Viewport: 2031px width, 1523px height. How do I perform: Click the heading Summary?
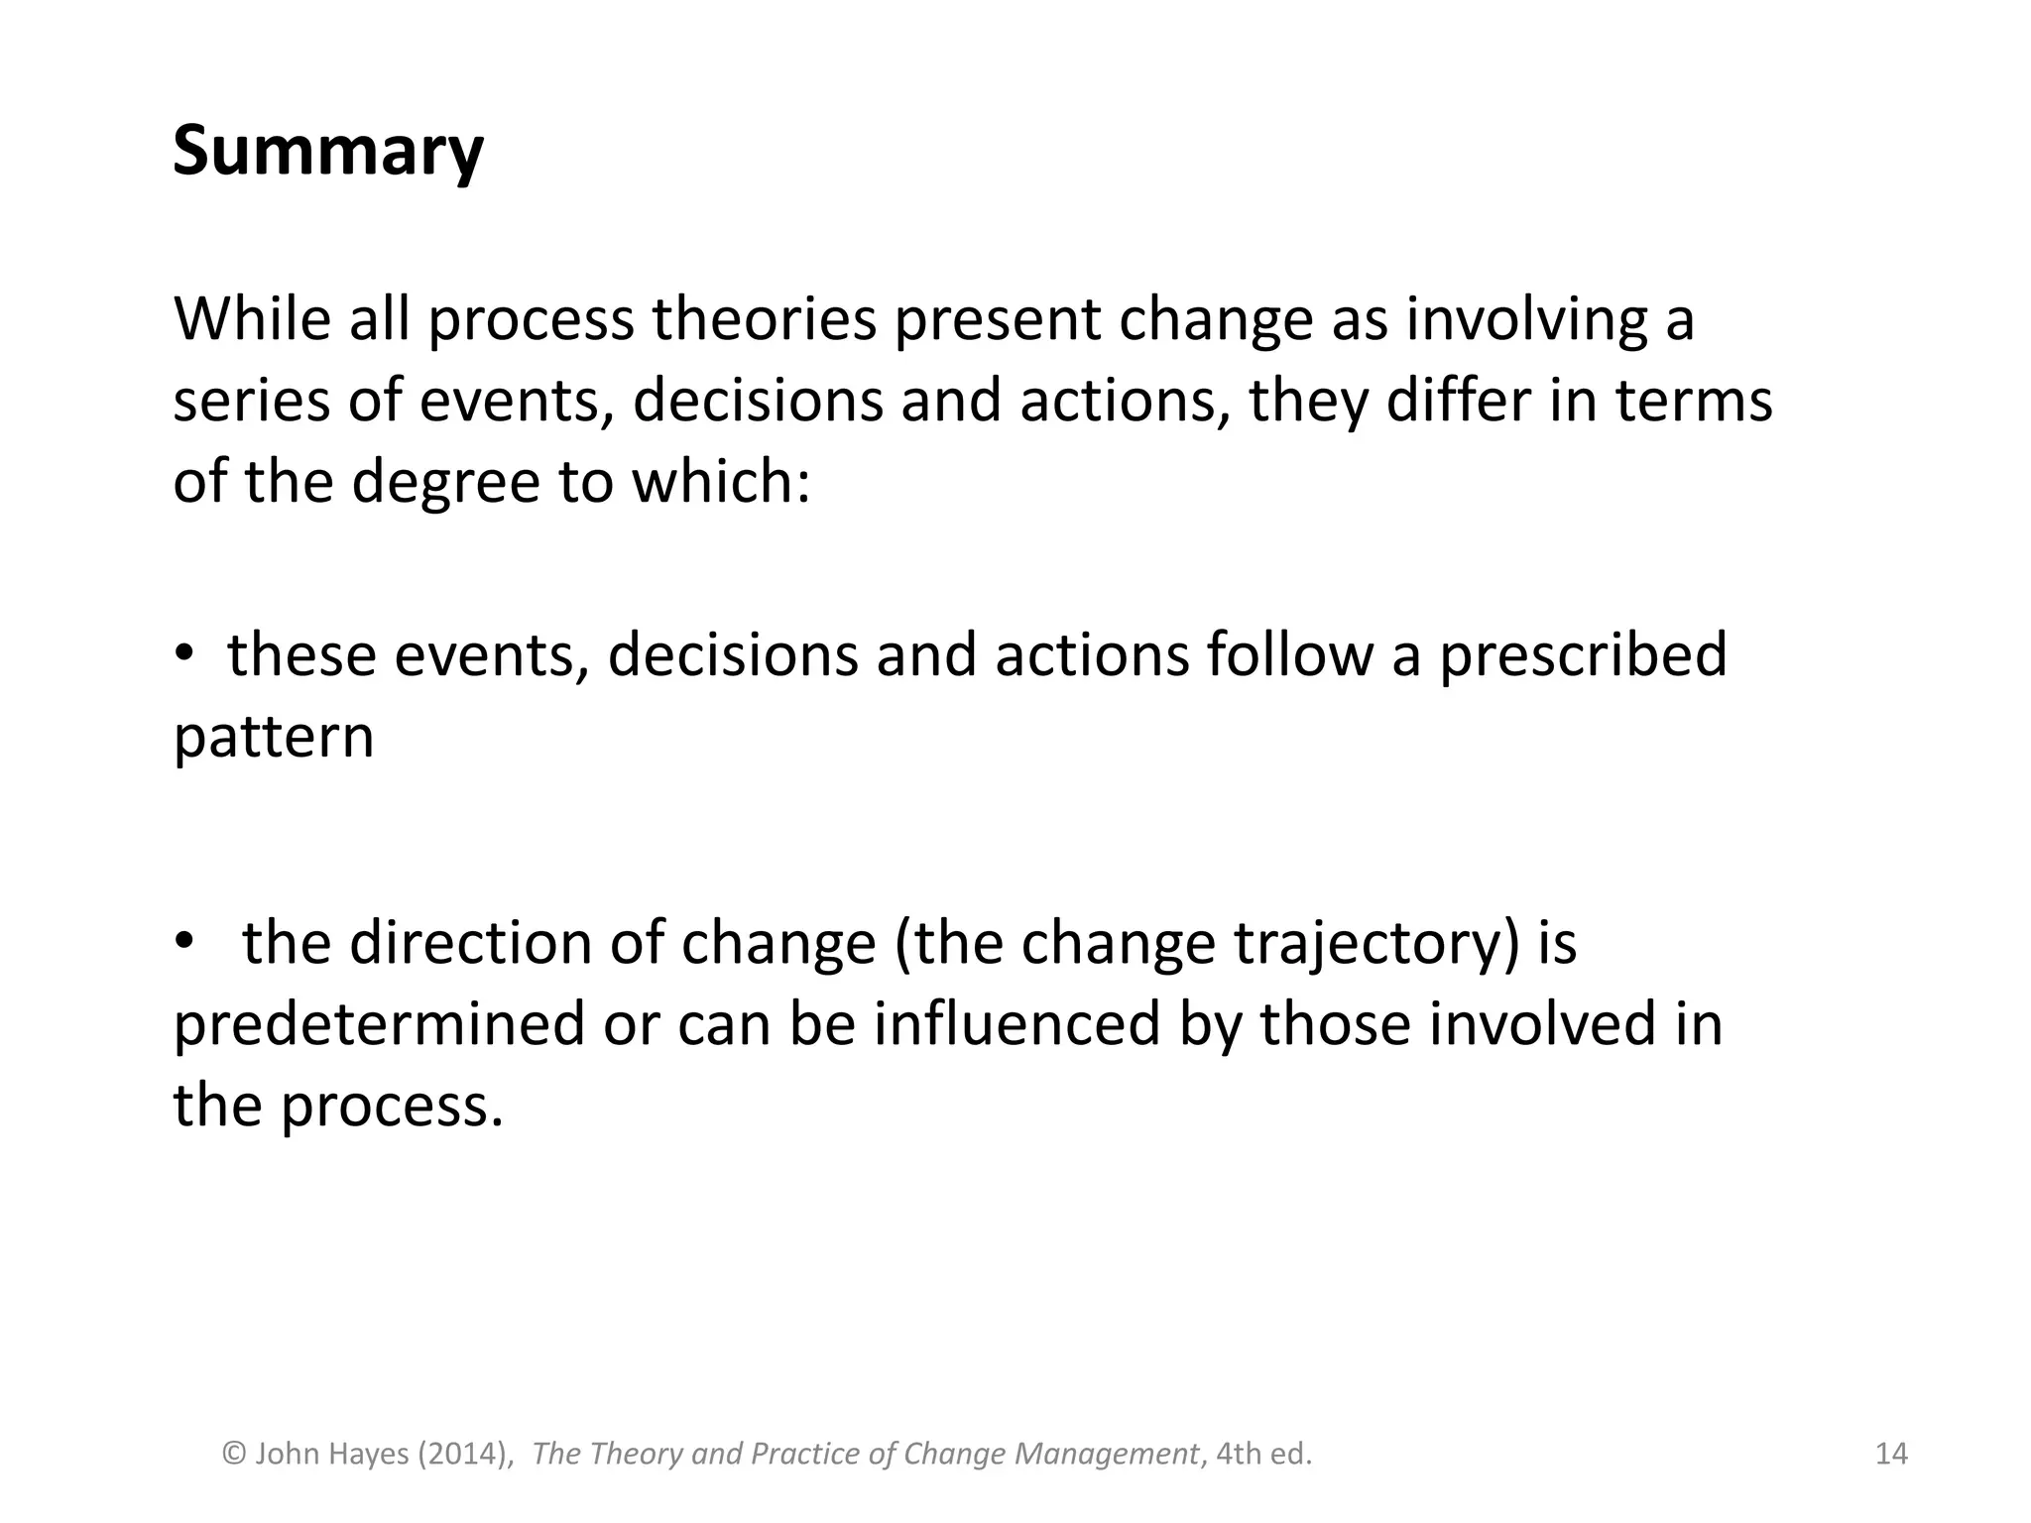tap(328, 152)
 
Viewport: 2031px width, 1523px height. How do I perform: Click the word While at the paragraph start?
tap(252, 319)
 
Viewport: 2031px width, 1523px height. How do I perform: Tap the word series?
tap(252, 402)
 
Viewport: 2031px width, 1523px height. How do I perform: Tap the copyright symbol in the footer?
tap(234, 1454)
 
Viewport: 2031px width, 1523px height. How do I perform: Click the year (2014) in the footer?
tap(465, 1454)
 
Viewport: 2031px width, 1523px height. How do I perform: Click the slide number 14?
tap(1891, 1454)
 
